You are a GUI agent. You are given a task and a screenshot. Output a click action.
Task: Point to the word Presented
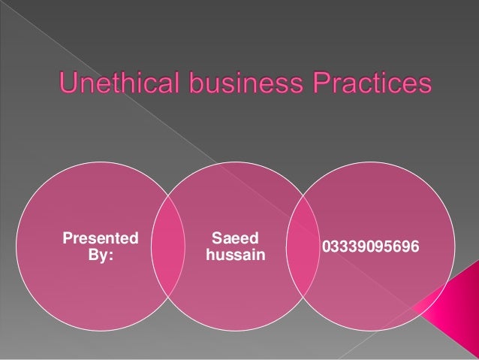(100, 240)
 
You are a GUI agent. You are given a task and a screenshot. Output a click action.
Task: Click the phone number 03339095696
(370, 247)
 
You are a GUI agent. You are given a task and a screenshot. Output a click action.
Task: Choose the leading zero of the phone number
(326, 247)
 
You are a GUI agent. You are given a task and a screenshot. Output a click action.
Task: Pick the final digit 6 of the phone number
(415, 247)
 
